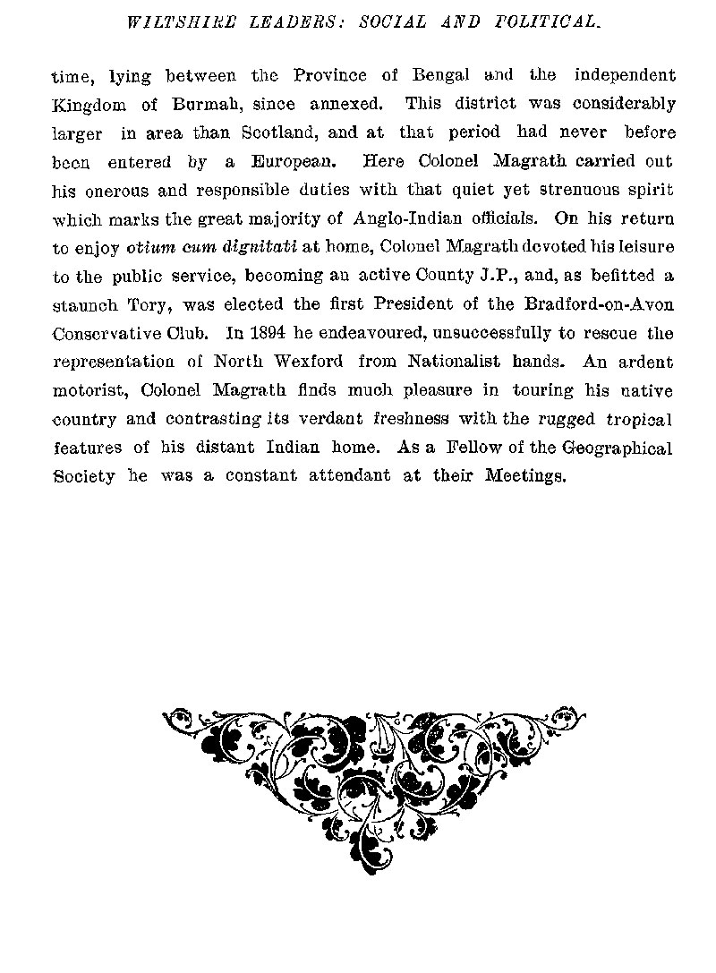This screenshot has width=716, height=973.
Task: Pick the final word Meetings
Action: pos(525,477)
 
